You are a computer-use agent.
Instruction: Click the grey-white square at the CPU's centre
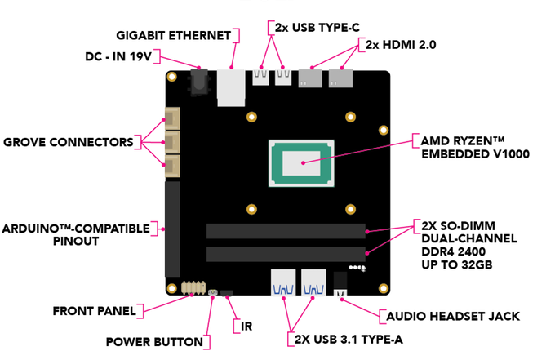click(301, 162)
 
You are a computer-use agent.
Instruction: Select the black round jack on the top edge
click(199, 82)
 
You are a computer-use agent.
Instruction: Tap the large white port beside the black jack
click(231, 87)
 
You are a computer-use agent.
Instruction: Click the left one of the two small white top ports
click(260, 77)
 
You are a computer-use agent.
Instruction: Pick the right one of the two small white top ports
click(283, 77)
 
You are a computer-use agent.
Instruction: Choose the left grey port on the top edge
click(310, 78)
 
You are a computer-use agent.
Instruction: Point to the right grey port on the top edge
click(340, 78)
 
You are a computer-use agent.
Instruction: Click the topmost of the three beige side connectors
click(171, 119)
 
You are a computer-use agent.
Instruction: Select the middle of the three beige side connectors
click(171, 143)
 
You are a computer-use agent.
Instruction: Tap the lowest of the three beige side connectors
click(171, 167)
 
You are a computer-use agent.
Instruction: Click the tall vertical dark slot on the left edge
click(171, 229)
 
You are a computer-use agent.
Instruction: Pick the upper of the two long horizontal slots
click(286, 231)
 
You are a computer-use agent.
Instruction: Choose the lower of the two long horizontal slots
click(286, 254)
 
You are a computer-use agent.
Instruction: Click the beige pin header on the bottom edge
click(193, 287)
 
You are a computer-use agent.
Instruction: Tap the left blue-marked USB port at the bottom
click(283, 283)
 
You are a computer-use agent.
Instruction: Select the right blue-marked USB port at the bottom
click(313, 283)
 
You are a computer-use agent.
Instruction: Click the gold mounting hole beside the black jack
click(171, 77)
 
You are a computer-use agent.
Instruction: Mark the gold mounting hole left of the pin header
click(171, 288)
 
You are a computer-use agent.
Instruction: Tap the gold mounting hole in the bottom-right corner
click(384, 288)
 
